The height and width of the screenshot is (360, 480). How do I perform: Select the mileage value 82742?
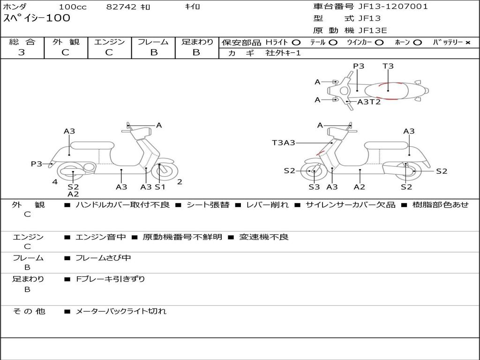(x=121, y=7)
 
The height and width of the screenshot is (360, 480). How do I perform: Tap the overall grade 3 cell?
(x=22, y=52)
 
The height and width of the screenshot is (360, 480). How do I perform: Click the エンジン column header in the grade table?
(x=109, y=42)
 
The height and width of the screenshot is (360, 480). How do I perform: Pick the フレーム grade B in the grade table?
(x=153, y=52)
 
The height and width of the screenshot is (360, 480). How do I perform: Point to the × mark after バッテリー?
(x=467, y=42)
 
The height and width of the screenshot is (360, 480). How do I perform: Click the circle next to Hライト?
(x=296, y=42)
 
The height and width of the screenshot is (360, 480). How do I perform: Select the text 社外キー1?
(x=283, y=53)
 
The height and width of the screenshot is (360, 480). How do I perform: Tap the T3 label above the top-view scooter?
(x=388, y=66)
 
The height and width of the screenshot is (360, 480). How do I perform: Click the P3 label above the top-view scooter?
(x=359, y=66)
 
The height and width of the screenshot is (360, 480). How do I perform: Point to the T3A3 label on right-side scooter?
(x=284, y=142)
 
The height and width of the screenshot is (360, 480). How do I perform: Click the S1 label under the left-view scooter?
(x=160, y=187)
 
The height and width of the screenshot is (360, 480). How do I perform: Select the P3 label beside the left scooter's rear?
(x=37, y=164)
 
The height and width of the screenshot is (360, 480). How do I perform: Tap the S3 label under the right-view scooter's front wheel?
(x=314, y=187)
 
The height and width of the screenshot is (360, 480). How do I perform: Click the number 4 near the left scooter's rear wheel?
(x=55, y=182)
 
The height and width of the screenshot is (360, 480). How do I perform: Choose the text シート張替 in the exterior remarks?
(x=208, y=205)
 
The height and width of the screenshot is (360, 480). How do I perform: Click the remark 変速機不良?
(x=264, y=237)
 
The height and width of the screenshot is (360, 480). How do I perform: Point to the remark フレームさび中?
(x=104, y=258)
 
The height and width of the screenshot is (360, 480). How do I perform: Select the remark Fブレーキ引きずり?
(x=111, y=279)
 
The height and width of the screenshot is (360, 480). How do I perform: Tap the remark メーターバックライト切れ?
(x=121, y=311)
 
